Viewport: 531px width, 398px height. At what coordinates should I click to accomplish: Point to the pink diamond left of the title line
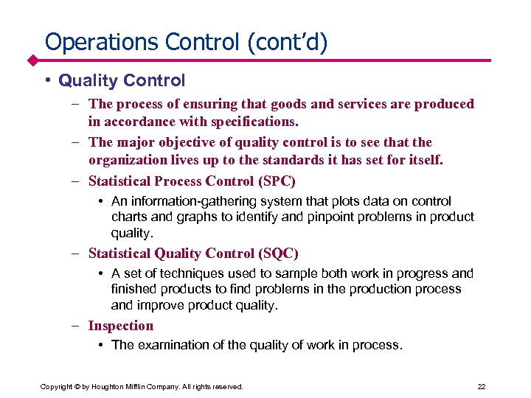coord(33,60)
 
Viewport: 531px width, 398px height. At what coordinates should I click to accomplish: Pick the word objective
coord(181,142)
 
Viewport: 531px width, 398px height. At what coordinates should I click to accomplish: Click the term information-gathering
coord(191,201)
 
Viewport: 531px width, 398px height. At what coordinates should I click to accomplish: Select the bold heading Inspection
coord(121,326)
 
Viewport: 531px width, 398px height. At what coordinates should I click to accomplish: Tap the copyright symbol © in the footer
coord(77,386)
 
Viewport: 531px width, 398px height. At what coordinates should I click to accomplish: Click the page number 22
coord(482,386)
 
